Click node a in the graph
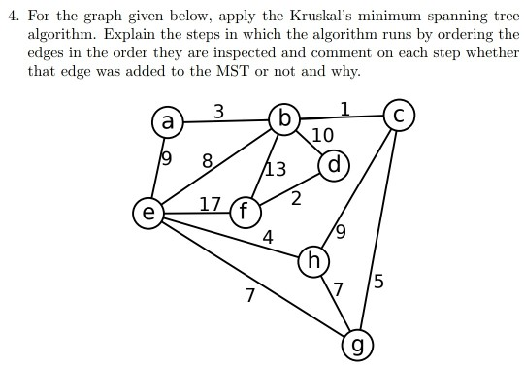pyautogui.click(x=168, y=121)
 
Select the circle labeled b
pyautogui.click(x=284, y=119)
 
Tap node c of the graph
pyautogui.click(x=399, y=115)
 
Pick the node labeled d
pyautogui.click(x=333, y=165)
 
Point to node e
pyautogui.click(x=148, y=212)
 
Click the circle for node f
pyautogui.click(x=245, y=212)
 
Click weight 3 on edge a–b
pyautogui.click(x=219, y=112)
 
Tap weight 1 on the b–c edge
pyautogui.click(x=344, y=107)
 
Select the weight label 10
pyautogui.click(x=322, y=135)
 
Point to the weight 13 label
pyautogui.click(x=276, y=170)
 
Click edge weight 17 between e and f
pyautogui.click(x=210, y=204)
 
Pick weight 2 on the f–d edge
pyautogui.click(x=295, y=199)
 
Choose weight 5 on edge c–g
pyautogui.click(x=377, y=283)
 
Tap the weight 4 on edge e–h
pyautogui.click(x=268, y=236)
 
